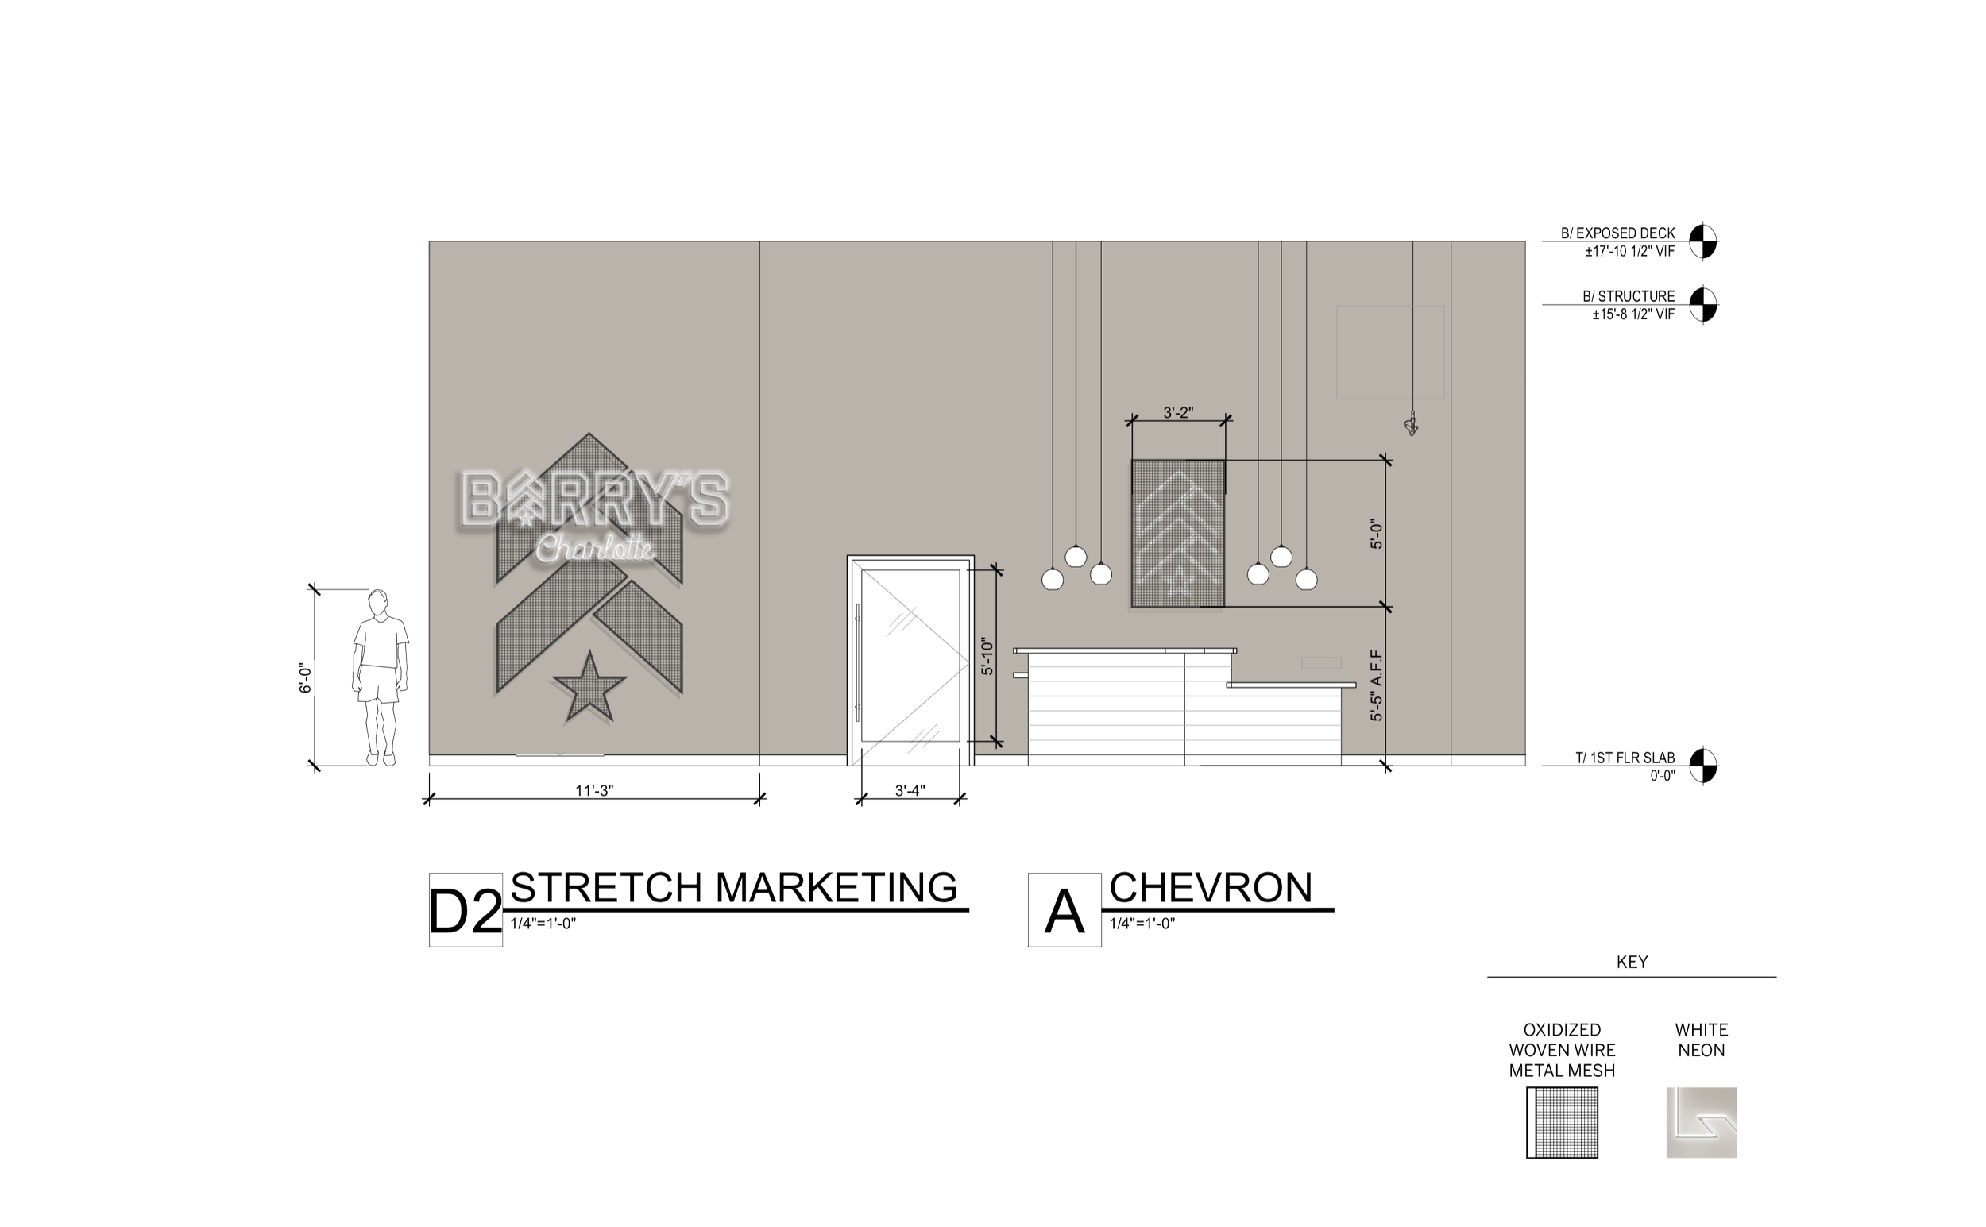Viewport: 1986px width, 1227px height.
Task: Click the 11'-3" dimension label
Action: (594, 790)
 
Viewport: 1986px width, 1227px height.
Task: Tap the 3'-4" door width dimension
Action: (910, 790)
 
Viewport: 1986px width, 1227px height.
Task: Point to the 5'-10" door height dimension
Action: (987, 657)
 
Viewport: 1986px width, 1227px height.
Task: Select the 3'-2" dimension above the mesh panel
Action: (1177, 412)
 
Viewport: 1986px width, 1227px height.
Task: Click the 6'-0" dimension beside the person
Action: (305, 677)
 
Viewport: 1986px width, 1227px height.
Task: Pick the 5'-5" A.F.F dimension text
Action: (1377, 685)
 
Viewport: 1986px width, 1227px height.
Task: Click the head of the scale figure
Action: (377, 604)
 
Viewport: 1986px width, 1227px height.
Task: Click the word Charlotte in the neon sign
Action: (595, 548)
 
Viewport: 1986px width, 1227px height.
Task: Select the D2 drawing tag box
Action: (465, 909)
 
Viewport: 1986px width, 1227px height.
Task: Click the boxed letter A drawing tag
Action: (1064, 909)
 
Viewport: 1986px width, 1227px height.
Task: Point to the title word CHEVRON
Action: (1210, 887)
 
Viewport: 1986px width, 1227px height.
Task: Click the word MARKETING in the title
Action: (836, 887)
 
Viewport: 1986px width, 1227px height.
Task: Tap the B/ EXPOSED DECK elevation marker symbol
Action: (1702, 241)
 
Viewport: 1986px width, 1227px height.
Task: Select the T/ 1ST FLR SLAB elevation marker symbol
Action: (1702, 766)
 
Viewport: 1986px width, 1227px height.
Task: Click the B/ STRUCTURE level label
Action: (1628, 296)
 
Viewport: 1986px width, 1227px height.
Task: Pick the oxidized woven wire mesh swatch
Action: (1562, 1122)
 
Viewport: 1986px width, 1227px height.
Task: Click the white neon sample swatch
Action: (1701, 1122)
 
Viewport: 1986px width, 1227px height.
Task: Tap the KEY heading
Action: (1632, 962)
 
